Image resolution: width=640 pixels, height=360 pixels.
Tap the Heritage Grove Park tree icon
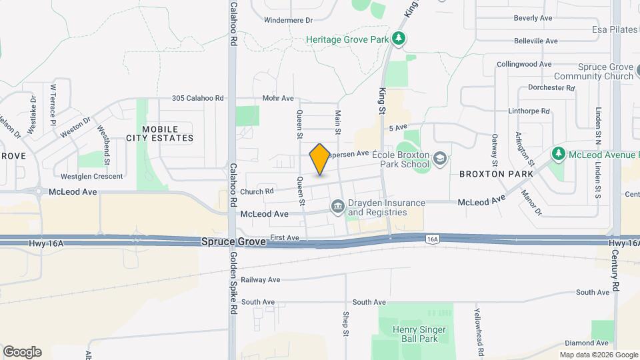pyautogui.click(x=399, y=39)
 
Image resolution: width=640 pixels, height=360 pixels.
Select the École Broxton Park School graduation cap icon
pyautogui.click(x=439, y=159)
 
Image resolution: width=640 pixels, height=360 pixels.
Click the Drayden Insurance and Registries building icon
pyautogui.click(x=337, y=208)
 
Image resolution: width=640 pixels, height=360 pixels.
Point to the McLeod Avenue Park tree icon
pyautogui.click(x=559, y=155)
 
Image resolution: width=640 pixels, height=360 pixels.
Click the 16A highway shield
pyautogui.click(x=433, y=238)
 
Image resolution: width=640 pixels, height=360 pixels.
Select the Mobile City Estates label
pyautogui.click(x=160, y=133)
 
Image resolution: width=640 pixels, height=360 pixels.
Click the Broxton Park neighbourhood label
pyautogui.click(x=496, y=174)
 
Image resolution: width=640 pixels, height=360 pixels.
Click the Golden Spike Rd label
pyautogui.click(x=233, y=283)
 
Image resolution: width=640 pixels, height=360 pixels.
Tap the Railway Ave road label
pyautogui.click(x=261, y=280)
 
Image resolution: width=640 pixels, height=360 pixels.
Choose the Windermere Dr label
pyautogui.click(x=288, y=20)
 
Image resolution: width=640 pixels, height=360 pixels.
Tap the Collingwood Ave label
pyautogui.click(x=525, y=64)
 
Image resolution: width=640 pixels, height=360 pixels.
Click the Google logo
pyautogui.click(x=22, y=351)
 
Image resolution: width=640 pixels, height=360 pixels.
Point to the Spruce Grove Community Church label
pyautogui.click(x=605, y=72)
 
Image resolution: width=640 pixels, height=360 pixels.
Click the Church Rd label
pyautogui.click(x=257, y=191)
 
